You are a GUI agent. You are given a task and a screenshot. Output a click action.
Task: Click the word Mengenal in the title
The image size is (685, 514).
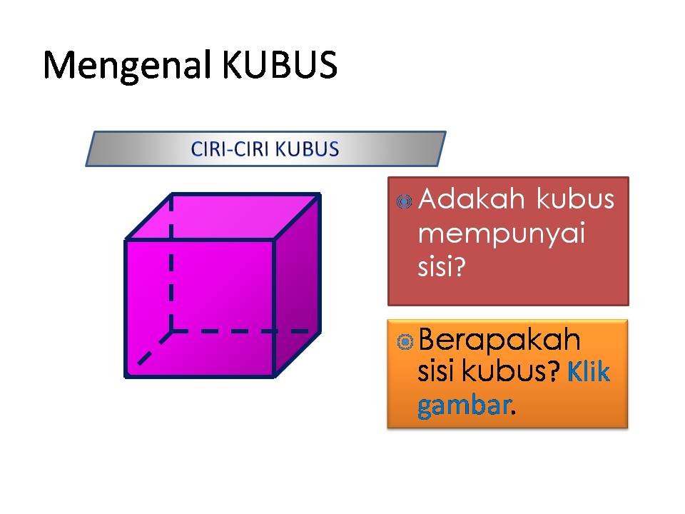click(x=128, y=66)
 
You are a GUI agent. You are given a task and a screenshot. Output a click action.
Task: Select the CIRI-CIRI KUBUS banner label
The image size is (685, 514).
click(x=265, y=148)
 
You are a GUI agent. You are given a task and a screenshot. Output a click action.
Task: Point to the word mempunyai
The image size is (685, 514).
click(x=499, y=233)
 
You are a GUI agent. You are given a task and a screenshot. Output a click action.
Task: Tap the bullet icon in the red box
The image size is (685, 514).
click(x=405, y=202)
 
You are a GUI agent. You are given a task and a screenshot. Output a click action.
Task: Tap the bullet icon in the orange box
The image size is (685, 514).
click(x=405, y=343)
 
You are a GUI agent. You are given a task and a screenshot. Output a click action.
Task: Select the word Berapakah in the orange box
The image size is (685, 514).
click(x=499, y=340)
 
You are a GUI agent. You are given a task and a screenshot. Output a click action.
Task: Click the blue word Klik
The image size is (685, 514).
click(x=589, y=372)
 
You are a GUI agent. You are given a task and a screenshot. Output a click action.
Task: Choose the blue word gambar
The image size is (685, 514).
click(x=464, y=405)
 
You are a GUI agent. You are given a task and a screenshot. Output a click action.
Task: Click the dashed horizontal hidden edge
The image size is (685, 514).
click(x=243, y=331)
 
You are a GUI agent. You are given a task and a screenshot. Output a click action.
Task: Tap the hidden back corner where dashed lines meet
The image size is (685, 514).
click(x=171, y=331)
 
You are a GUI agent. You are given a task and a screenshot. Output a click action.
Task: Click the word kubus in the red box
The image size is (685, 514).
click(x=575, y=199)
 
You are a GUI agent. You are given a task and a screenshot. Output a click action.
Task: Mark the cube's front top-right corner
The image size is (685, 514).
click(x=274, y=241)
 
